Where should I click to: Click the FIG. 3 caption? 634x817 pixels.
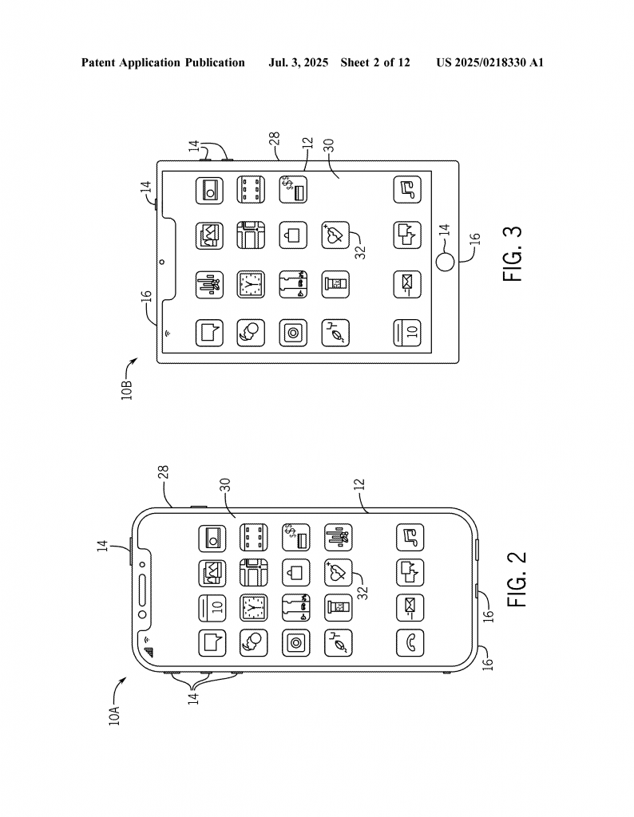[x=513, y=253]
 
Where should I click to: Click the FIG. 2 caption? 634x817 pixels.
[x=517, y=579]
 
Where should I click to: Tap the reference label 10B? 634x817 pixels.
[x=127, y=389]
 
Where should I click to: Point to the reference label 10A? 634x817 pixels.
[x=115, y=715]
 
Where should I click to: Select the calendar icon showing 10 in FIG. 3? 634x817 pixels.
[x=407, y=333]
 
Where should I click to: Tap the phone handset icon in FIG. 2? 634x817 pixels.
[x=410, y=643]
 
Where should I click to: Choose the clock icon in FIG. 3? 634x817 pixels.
[x=251, y=285]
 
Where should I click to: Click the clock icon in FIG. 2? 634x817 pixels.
[x=253, y=608]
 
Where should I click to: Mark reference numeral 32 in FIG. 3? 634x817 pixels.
[x=360, y=251]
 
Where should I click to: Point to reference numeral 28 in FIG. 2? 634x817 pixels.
[x=163, y=472]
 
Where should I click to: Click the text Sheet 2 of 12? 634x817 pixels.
[x=375, y=62]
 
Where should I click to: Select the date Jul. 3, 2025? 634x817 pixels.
[x=298, y=63]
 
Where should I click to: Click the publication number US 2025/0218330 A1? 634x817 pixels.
[x=490, y=62]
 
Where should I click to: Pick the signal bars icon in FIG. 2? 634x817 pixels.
[x=149, y=652]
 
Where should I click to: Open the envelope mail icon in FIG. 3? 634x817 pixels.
[x=407, y=285]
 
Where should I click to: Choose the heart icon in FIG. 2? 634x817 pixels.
[x=338, y=573]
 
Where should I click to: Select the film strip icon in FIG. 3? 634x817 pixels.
[x=251, y=190]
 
